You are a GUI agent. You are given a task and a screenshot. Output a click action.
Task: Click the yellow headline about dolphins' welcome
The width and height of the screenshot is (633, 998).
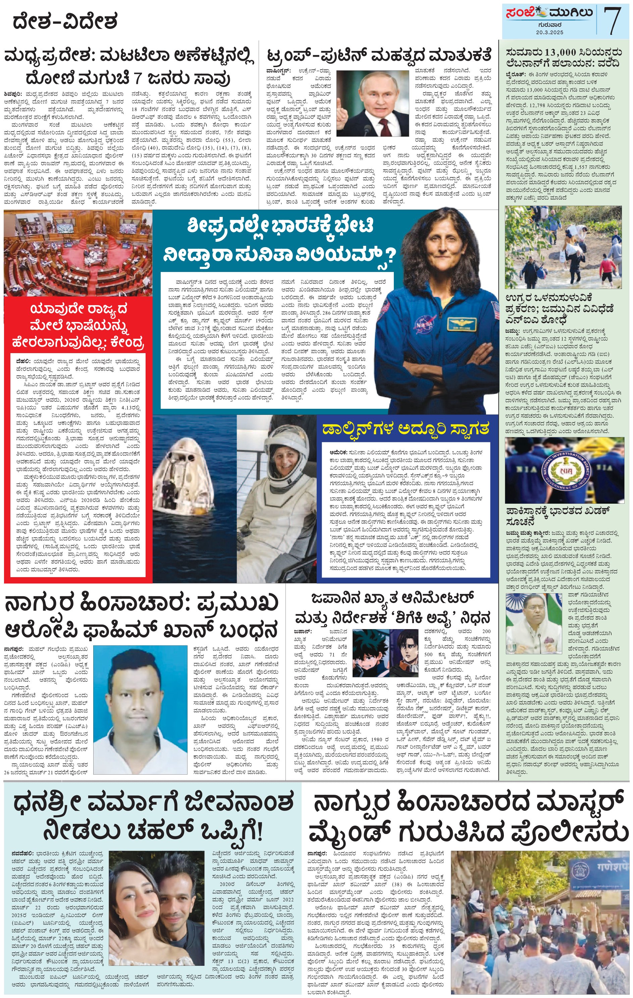[406, 429]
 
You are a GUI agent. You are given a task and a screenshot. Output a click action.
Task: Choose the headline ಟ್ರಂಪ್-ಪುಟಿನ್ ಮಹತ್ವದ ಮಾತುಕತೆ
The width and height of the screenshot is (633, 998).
[378, 55]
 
